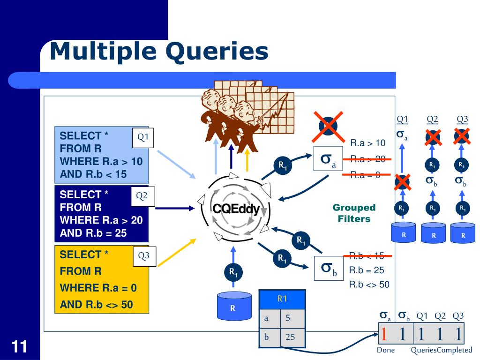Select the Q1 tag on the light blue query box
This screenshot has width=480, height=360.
(142, 137)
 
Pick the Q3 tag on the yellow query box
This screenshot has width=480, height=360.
(143, 256)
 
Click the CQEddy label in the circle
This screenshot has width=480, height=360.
(236, 210)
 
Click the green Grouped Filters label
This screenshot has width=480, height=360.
(354, 213)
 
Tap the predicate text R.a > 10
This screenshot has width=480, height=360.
(367, 142)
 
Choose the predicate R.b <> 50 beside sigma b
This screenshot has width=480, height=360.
(369, 285)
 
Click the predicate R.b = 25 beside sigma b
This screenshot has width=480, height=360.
(367, 270)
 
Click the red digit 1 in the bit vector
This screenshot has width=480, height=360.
(384, 334)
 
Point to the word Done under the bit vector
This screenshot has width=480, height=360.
(386, 350)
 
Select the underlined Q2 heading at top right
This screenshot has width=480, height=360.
(433, 119)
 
